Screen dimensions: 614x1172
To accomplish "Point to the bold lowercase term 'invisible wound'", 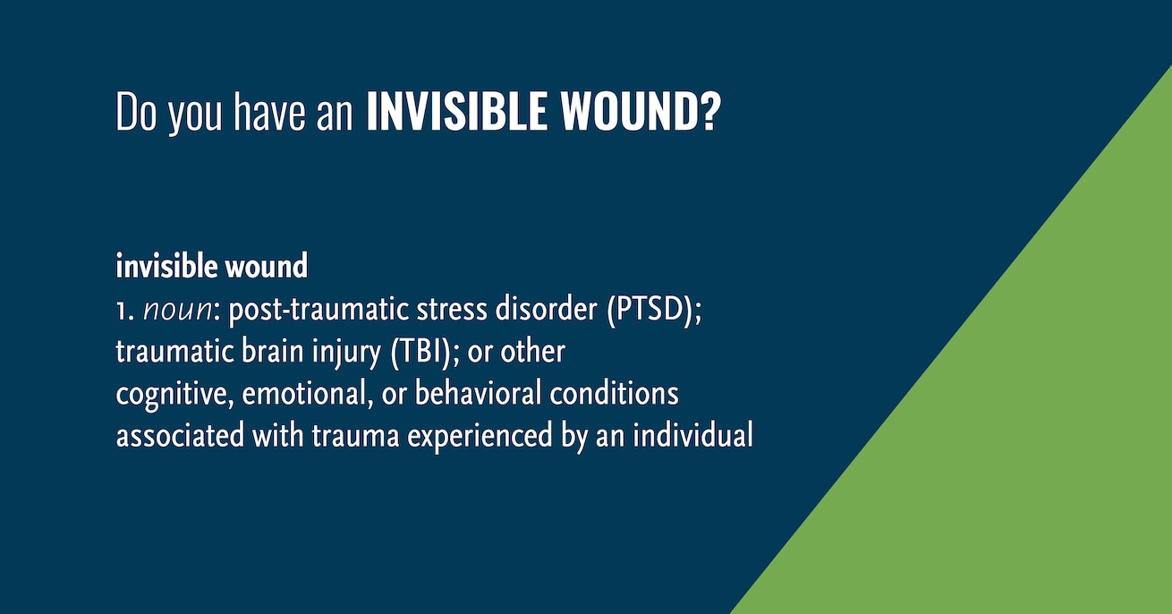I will [211, 266].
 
